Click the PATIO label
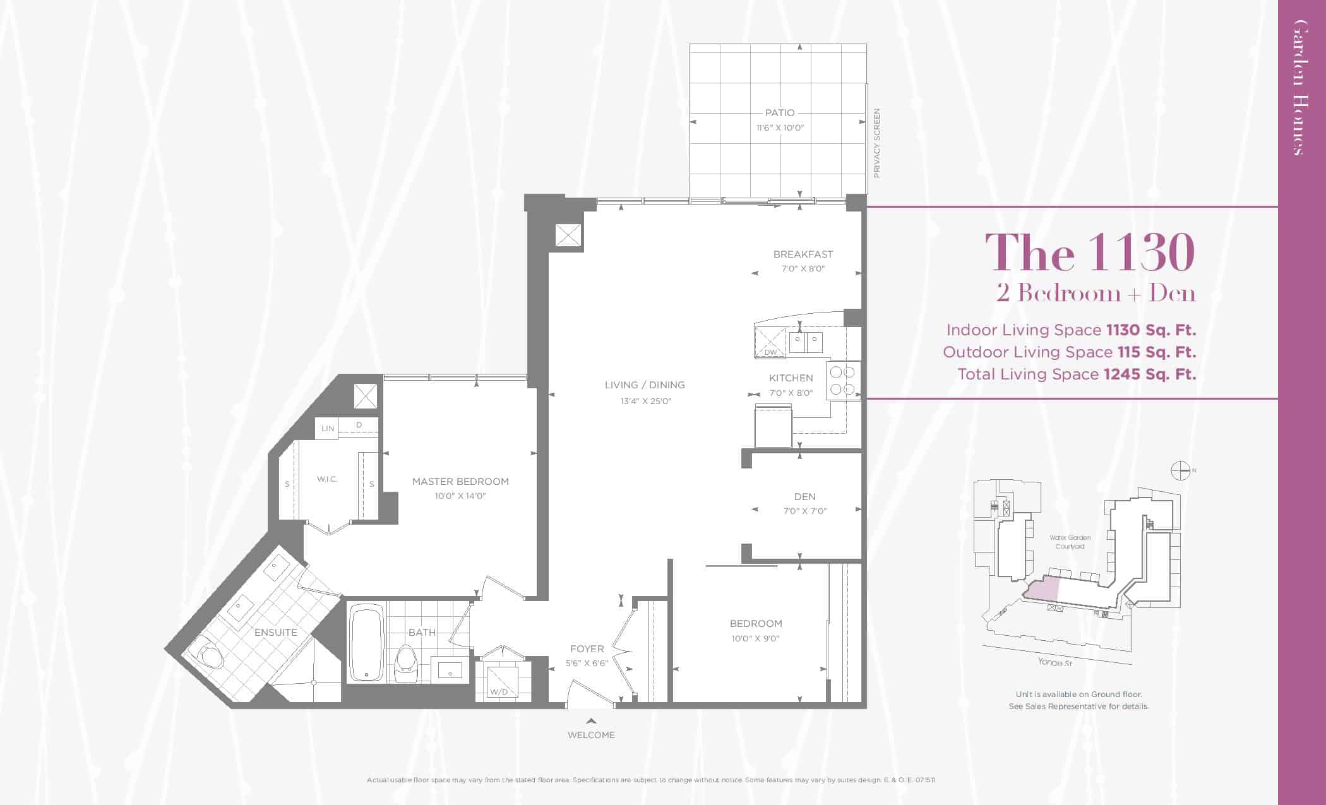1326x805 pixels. [x=780, y=113]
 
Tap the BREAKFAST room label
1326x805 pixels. [x=803, y=254]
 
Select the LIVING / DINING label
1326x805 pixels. [x=645, y=385]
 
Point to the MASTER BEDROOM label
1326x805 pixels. [x=460, y=482]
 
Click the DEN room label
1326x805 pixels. [x=805, y=497]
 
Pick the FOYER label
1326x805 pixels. [x=587, y=649]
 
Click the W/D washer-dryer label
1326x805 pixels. [x=499, y=692]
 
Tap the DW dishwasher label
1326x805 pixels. [x=771, y=352]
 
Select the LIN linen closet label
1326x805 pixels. [x=327, y=429]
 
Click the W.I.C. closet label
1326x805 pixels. [x=327, y=479]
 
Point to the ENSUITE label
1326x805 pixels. [x=276, y=632]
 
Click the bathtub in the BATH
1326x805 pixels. [x=366, y=643]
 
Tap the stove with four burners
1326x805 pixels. [x=843, y=381]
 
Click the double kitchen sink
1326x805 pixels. [x=806, y=343]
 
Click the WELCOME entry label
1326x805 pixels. [x=591, y=735]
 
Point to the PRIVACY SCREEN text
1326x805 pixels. [x=876, y=143]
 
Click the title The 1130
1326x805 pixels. [x=1090, y=253]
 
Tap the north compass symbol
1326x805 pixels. [x=1181, y=470]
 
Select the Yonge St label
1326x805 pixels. [x=1054, y=662]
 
